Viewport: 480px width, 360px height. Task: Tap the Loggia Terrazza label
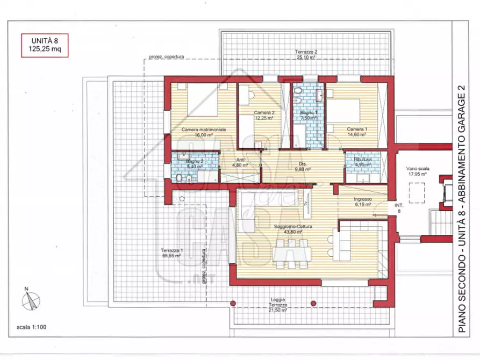(x=278, y=301)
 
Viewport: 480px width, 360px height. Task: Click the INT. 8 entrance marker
(x=399, y=208)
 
